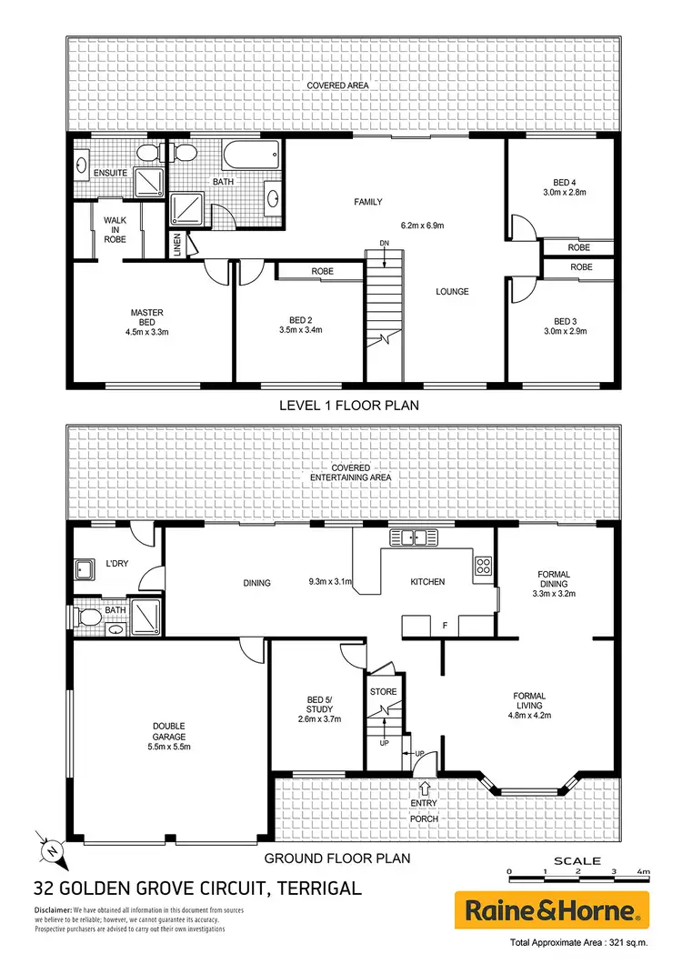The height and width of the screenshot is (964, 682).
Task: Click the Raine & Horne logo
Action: (552, 909)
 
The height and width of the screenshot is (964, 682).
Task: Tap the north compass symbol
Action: (51, 849)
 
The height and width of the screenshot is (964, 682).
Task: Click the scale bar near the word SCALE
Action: (577, 872)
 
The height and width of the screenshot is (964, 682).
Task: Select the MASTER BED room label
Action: (145, 318)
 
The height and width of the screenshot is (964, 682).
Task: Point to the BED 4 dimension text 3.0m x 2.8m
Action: (566, 193)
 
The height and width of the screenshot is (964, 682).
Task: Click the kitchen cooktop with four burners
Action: (483, 567)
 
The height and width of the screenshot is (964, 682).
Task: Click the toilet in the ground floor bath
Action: (88, 617)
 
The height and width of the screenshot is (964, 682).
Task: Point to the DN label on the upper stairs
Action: (385, 243)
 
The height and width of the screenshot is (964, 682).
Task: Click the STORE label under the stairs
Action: (384, 691)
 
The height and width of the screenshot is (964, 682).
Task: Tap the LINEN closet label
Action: (176, 245)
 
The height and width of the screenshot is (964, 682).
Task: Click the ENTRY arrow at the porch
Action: (424, 788)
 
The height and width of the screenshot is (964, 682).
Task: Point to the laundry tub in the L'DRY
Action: (86, 570)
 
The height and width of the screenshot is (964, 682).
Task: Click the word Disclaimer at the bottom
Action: (54, 910)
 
